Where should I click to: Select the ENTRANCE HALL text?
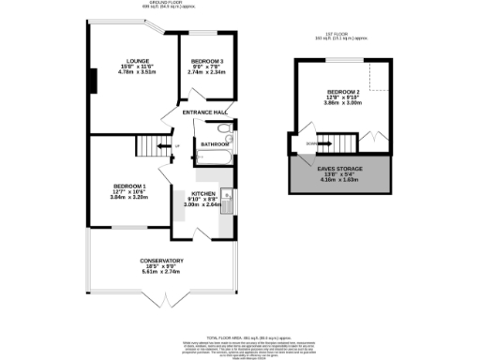click(x=206, y=112)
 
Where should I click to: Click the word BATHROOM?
click(x=214, y=144)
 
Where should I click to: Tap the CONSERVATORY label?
click(x=161, y=261)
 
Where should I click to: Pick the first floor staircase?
click(x=342, y=142)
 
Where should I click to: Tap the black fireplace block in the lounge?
click(x=91, y=81)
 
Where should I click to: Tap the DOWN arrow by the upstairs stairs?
click(x=310, y=142)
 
